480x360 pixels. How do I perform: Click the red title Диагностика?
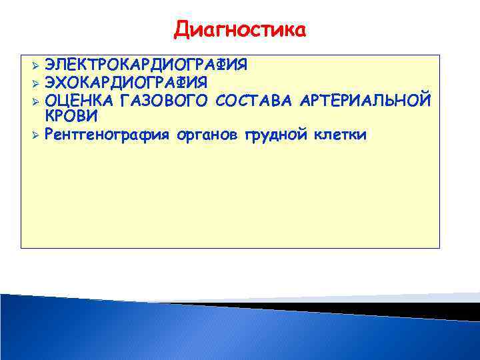click(240, 30)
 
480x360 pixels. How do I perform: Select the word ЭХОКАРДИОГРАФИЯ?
click(125, 83)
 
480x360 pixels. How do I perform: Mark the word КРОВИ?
click(71, 115)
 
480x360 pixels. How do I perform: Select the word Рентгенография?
click(108, 135)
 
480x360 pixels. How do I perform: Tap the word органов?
click(209, 135)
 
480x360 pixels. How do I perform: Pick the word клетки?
click(340, 135)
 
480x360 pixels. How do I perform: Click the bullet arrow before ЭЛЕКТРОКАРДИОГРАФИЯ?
click(36, 65)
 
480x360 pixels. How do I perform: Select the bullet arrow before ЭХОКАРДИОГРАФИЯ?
click(36, 83)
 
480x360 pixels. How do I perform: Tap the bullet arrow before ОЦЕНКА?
click(36, 101)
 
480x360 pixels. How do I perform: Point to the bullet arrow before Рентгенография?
click(36, 135)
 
